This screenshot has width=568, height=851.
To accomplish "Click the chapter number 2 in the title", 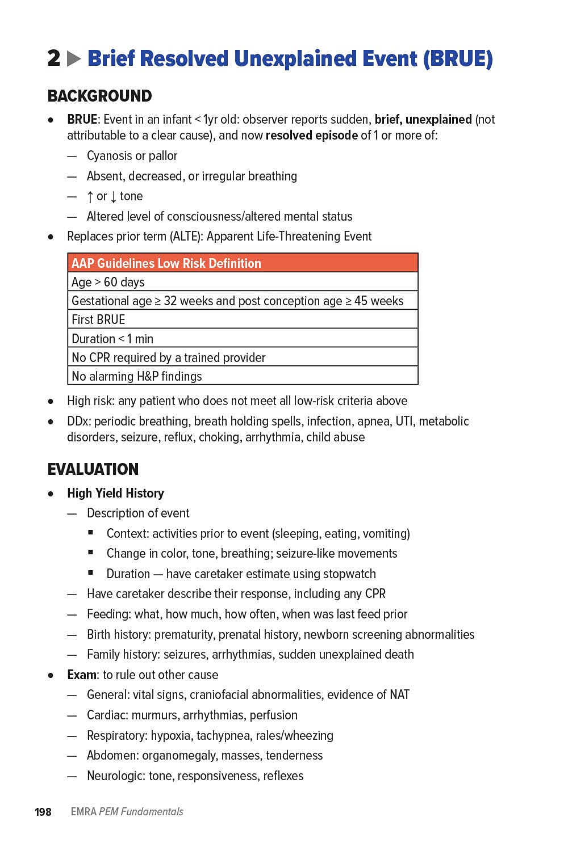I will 54,58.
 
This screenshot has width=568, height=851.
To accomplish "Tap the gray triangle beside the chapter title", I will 74,58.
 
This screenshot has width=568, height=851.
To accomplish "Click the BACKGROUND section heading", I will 99,96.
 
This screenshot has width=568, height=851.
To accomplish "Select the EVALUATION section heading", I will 93,469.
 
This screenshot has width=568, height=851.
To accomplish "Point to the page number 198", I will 43,812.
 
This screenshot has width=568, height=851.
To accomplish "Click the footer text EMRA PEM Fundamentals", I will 127,812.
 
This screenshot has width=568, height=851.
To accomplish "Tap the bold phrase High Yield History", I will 115,493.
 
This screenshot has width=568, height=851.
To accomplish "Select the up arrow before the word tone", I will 90,196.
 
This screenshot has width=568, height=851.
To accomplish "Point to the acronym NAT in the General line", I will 399,695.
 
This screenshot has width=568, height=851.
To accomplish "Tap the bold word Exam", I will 81,675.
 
